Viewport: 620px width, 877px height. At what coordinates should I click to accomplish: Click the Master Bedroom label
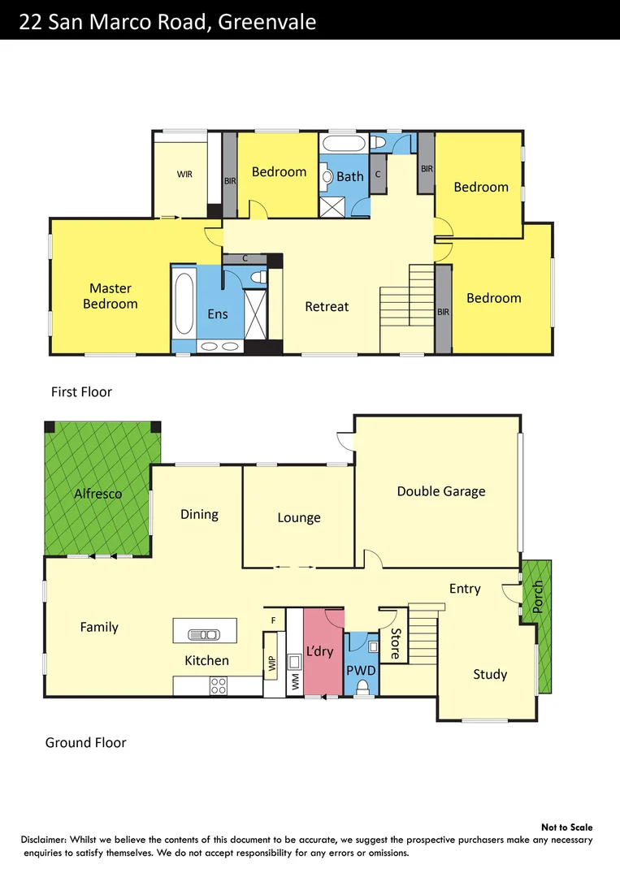click(x=111, y=296)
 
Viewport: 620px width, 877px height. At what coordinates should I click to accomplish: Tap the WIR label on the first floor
click(x=184, y=175)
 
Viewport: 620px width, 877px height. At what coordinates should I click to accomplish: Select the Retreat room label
click(x=327, y=307)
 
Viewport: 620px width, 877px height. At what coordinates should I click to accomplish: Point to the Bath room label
click(x=350, y=176)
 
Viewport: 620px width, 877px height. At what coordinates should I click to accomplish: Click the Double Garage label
click(x=441, y=491)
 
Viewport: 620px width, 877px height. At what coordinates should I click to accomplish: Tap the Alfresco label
click(x=98, y=494)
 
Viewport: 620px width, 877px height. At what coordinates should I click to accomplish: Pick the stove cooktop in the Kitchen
click(x=218, y=686)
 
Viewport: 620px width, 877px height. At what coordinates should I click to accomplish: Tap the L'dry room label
click(x=319, y=651)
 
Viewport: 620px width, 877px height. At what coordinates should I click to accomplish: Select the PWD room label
click(x=361, y=672)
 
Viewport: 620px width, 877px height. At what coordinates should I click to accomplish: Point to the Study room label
click(x=490, y=674)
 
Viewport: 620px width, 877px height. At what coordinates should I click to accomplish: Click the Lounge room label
click(x=299, y=518)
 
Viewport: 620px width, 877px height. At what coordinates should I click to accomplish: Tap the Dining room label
click(x=199, y=514)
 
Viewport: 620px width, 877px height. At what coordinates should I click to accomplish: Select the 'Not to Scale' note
click(x=566, y=827)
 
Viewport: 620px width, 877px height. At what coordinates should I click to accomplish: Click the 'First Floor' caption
click(x=81, y=392)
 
